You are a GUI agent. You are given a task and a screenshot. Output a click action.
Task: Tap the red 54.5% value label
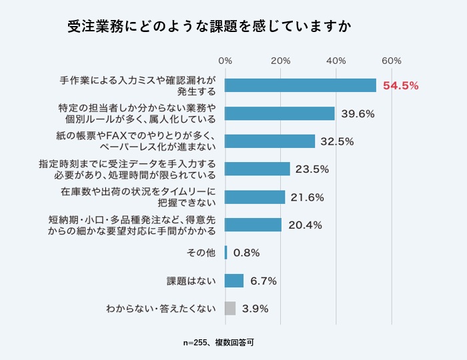[400, 85]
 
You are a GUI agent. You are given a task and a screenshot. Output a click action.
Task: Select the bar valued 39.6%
[280, 113]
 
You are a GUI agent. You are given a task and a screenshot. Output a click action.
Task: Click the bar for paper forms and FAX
[270, 141]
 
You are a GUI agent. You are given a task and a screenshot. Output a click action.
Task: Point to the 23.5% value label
[313, 169]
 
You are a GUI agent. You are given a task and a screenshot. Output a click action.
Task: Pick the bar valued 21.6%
[255, 197]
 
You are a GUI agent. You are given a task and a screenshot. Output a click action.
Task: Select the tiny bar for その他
[226, 253]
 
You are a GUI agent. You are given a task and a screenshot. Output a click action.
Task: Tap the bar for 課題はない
[234, 281]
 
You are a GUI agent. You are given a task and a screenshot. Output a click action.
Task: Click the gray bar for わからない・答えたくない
[230, 308]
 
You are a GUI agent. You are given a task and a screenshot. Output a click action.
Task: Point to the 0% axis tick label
[225, 61]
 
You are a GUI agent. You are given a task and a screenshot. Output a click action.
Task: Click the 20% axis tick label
[281, 61]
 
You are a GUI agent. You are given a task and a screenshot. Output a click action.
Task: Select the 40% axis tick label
[336, 61]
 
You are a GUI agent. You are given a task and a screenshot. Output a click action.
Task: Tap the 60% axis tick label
[392, 61]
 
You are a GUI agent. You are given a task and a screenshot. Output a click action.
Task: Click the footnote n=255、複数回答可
[219, 343]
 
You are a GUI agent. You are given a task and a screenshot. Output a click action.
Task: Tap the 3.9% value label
[255, 309]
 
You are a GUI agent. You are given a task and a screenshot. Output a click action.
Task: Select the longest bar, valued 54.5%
[300, 85]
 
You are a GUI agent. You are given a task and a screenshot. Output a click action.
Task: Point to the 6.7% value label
[263, 281]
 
